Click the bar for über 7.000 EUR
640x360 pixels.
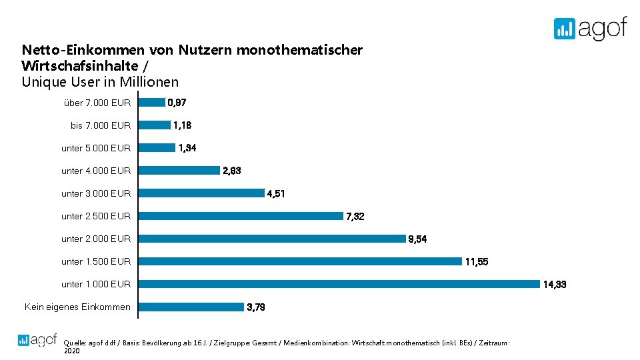point(151,103)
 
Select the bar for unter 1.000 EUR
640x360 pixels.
point(339,284)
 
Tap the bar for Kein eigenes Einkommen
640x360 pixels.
point(191,307)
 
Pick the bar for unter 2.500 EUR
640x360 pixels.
point(241,216)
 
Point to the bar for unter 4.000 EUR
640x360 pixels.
point(179,171)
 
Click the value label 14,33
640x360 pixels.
point(554,285)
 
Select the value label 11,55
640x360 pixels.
point(476,262)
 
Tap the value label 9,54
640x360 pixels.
point(417,239)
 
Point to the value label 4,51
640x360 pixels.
point(275,194)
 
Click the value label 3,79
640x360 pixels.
point(256,307)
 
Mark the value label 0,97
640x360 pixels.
point(177,103)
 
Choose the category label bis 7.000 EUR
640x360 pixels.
point(101,125)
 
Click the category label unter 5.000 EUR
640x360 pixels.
point(96,148)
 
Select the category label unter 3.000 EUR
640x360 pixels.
point(96,193)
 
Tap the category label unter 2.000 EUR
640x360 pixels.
point(96,239)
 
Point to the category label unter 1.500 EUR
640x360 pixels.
point(96,261)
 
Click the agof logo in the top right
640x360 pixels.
point(590,28)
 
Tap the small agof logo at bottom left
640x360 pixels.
point(37,339)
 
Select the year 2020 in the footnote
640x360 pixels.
point(71,351)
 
